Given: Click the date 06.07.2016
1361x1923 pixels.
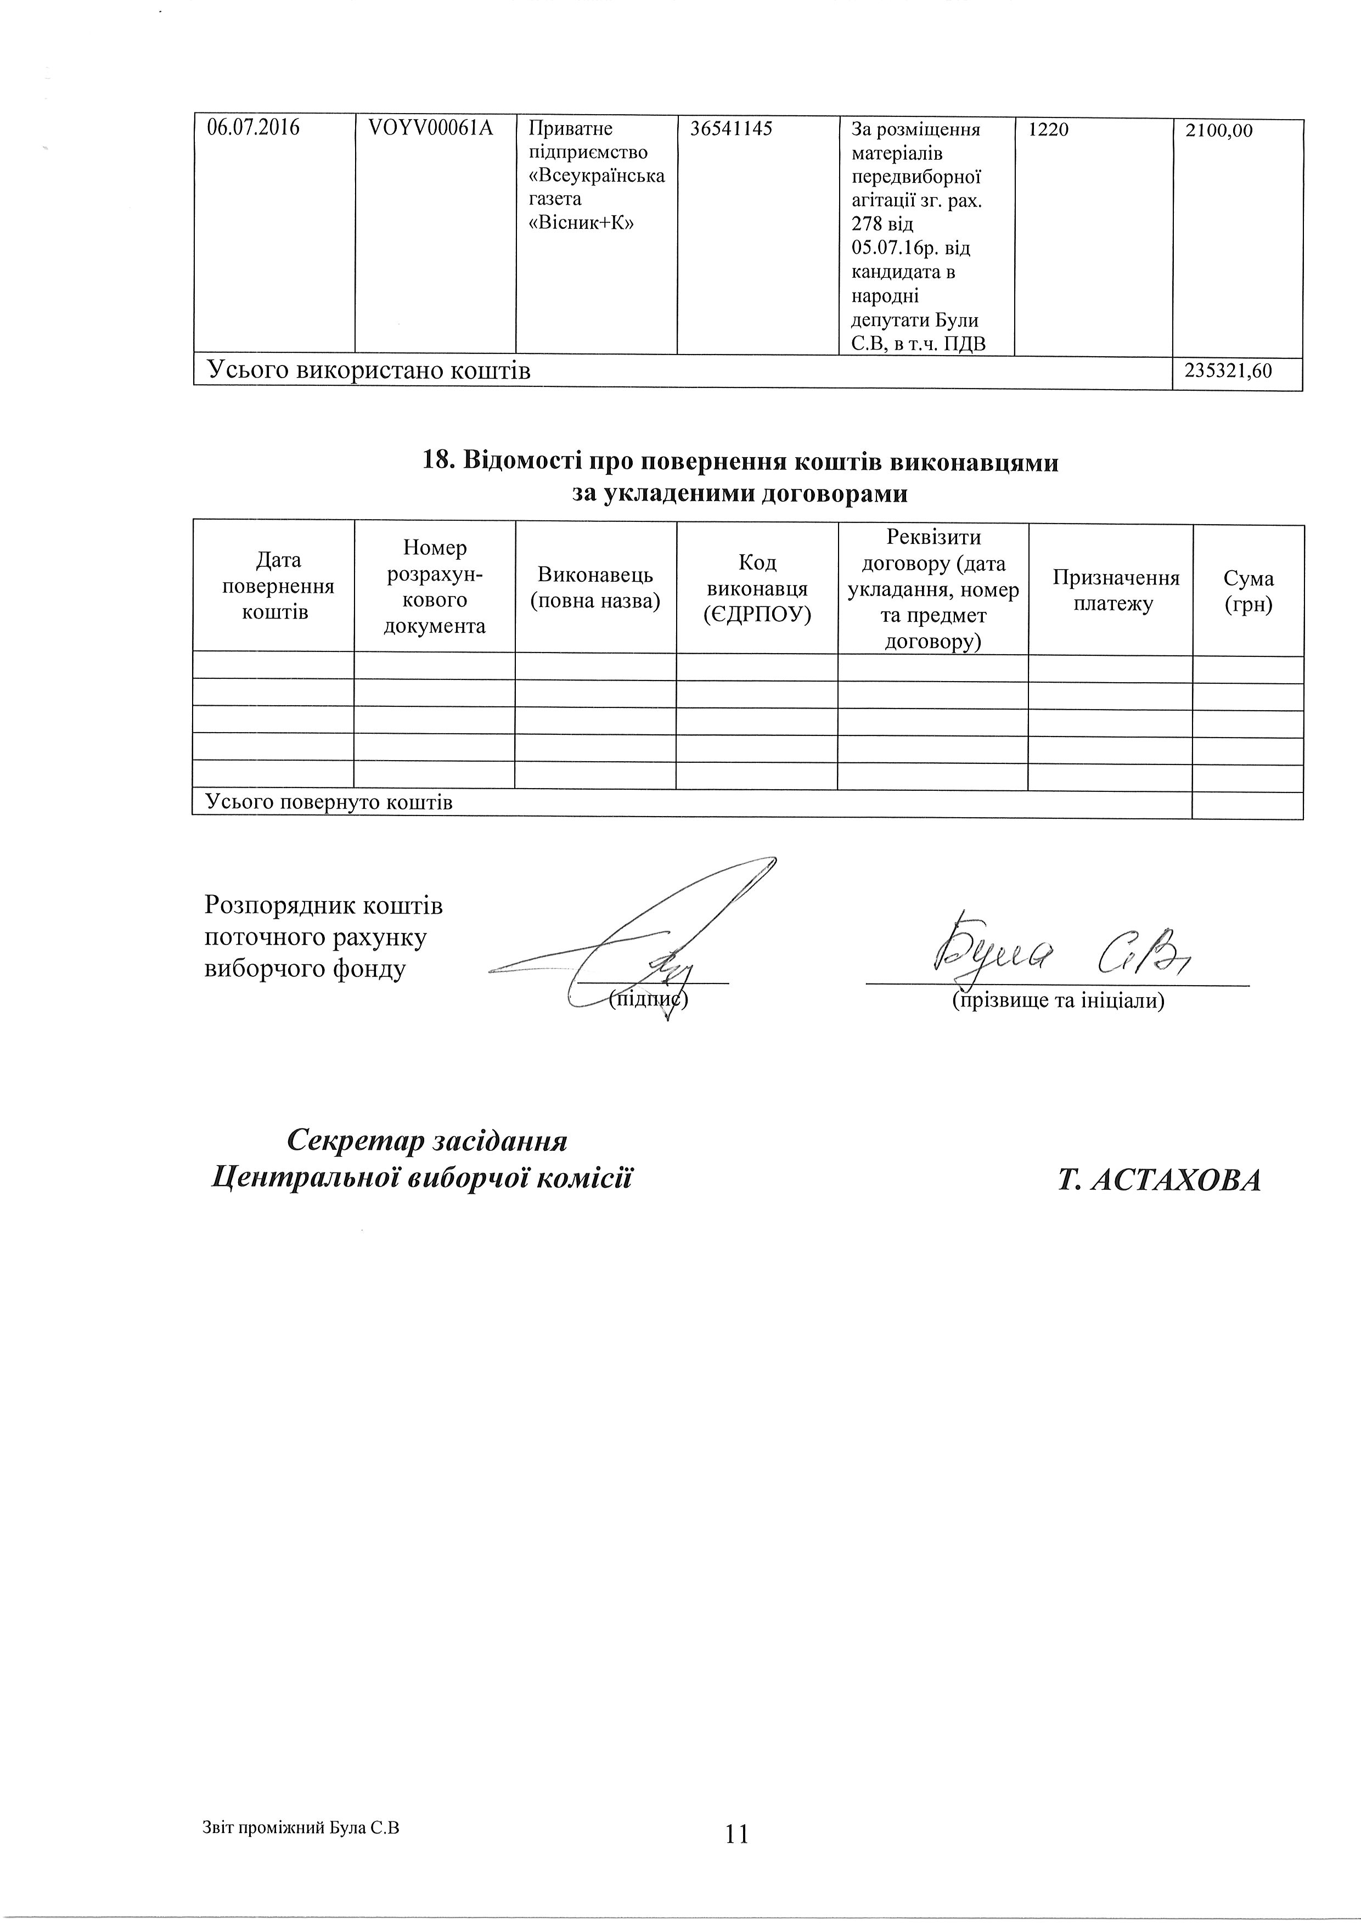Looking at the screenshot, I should [253, 129].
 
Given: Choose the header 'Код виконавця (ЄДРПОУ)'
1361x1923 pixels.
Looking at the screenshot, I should [757, 588].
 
